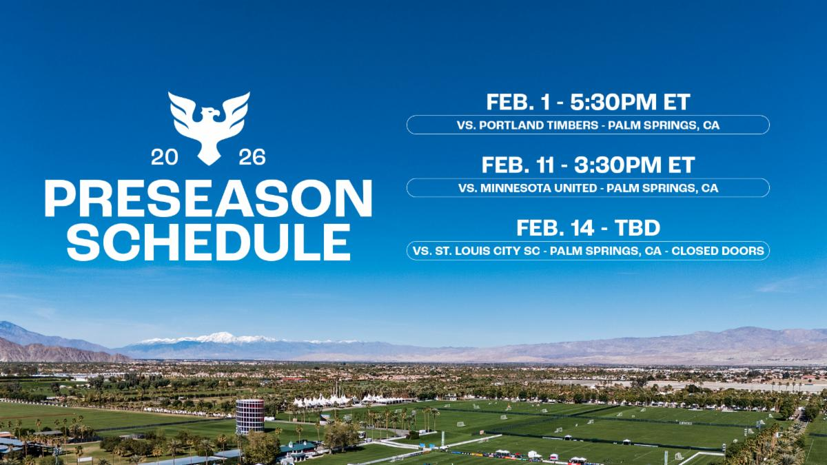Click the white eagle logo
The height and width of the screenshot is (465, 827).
pos(209,126)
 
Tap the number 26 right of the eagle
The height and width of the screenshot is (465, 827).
pos(252,158)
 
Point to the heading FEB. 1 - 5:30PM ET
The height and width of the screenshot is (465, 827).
pos(588,102)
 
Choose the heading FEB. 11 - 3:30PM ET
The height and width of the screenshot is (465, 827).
pos(588,165)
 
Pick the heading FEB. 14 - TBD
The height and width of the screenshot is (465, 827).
pos(588,229)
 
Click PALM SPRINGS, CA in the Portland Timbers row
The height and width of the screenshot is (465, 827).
pos(662,125)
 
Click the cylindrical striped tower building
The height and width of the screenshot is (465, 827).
pos(249,415)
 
